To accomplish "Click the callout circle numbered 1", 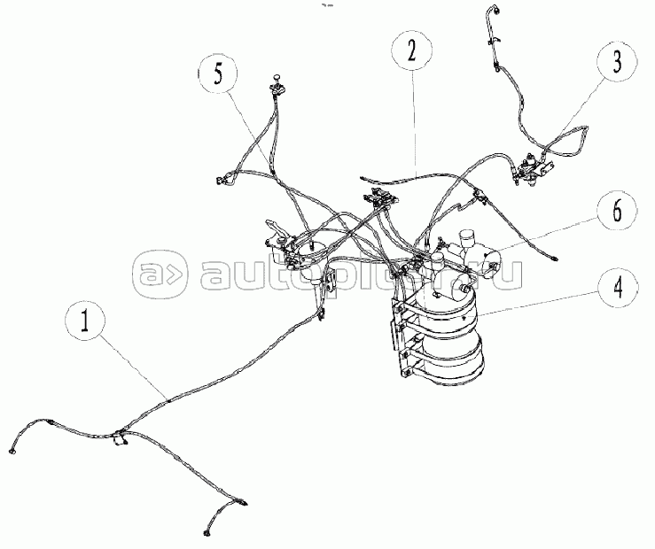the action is tap(85, 322).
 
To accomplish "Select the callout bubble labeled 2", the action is tap(412, 51).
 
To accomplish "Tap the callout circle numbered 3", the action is tap(617, 61).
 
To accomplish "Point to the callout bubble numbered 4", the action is tap(617, 288).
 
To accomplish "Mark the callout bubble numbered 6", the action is tap(617, 210).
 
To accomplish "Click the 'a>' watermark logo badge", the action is tap(160, 274).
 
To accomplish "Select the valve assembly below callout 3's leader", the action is tap(531, 170).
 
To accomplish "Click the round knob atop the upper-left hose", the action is tap(277, 78).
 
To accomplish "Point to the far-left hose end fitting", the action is tap(12, 451).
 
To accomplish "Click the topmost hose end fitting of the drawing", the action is tap(496, 9).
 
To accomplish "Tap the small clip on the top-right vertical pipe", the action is tap(495, 41).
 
